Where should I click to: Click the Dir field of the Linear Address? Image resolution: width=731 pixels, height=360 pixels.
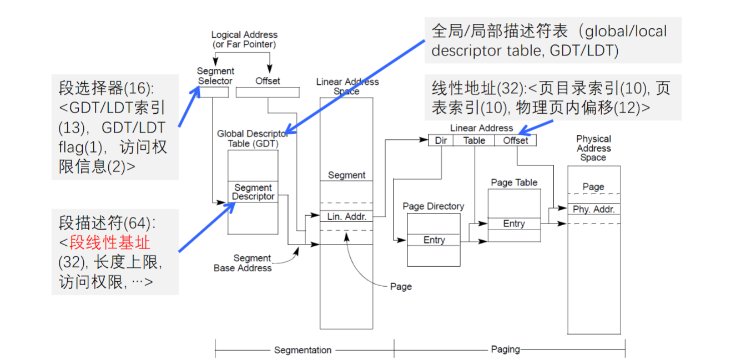coord(441,140)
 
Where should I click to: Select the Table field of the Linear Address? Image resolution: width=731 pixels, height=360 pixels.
coord(474,140)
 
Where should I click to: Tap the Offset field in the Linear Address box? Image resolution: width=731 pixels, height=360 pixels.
coord(516,140)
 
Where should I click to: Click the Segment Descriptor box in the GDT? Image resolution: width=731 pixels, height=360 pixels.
coord(253,192)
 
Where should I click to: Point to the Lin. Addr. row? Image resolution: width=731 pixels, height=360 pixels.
coord(346,216)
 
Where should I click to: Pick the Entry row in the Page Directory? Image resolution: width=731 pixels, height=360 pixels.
coord(433,240)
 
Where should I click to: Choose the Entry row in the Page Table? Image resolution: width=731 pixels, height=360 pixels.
coord(514,224)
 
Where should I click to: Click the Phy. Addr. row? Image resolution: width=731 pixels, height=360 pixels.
coord(593,209)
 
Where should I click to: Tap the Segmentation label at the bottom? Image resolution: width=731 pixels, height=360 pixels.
coord(303,350)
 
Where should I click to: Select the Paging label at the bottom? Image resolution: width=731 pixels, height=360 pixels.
coord(505,349)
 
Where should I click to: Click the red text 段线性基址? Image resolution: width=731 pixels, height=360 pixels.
coord(110,242)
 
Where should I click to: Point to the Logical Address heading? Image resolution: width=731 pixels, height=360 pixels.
coord(244,39)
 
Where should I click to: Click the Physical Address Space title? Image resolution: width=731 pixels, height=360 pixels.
coord(593,148)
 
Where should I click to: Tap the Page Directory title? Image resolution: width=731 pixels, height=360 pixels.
coord(433,206)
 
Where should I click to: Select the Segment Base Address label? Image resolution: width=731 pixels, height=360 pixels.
coord(243,263)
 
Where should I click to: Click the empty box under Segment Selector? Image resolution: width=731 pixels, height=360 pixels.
coord(213,92)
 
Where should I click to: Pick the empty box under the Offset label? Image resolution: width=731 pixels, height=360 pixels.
coord(268,92)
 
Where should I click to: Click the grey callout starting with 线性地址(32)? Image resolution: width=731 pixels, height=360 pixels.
coord(553,97)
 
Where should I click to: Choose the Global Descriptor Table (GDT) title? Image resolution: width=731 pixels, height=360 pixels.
coord(253,139)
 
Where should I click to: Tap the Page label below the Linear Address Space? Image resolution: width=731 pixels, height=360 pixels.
coord(401,287)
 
